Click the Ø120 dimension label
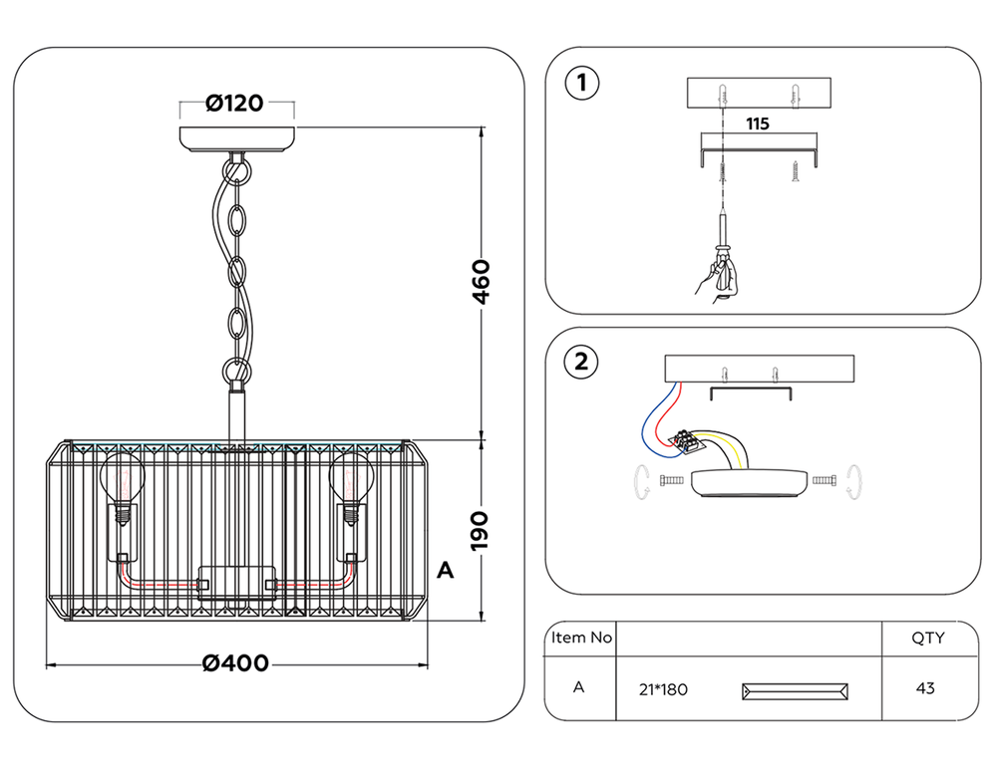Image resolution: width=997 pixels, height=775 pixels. [x=236, y=103]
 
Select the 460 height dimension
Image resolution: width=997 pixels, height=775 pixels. [x=481, y=283]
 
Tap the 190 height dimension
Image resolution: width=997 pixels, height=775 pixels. [x=481, y=530]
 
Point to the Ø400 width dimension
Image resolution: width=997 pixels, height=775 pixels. [x=236, y=663]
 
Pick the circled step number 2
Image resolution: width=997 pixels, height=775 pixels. [x=581, y=362]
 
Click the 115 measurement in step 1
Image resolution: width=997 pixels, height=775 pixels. [x=758, y=125]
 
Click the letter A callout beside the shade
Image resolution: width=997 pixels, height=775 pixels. [x=446, y=571]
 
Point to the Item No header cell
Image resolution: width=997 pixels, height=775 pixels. [x=581, y=638]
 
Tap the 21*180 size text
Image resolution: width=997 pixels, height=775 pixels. [x=662, y=689]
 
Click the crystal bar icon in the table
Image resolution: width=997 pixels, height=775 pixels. [x=797, y=690]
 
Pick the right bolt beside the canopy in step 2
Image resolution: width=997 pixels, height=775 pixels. [x=825, y=482]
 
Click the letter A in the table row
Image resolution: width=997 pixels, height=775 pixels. [x=579, y=687]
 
